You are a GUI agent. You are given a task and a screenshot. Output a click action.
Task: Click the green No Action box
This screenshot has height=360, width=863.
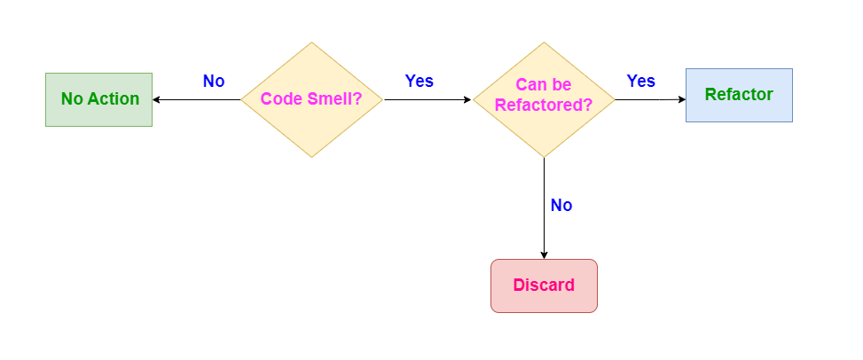98,99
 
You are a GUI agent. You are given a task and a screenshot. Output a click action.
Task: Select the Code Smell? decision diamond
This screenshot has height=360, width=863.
311,99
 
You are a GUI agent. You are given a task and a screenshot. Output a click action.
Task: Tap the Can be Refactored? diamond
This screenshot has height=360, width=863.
544,99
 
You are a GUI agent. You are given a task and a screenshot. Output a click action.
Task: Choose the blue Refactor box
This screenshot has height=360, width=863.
739,95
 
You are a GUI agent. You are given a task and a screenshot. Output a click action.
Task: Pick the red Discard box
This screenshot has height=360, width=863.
544,286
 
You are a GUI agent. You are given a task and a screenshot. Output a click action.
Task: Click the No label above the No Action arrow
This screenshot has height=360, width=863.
214,82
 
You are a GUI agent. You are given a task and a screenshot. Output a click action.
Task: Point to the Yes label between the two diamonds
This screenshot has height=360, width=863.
420,82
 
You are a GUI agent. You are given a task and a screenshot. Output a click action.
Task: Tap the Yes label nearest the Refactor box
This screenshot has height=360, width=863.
641,82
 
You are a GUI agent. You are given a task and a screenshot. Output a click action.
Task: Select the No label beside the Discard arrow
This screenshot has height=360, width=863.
561,206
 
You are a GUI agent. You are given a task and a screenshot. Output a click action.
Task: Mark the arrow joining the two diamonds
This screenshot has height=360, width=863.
426,100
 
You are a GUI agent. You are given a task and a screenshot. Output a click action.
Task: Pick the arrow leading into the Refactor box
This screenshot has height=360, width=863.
647,99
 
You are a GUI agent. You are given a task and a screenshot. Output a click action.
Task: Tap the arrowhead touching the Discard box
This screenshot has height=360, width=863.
544,255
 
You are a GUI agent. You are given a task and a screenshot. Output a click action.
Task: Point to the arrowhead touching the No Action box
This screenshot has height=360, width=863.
157,100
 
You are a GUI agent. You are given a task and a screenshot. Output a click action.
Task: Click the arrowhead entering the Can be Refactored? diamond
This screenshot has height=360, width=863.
467,100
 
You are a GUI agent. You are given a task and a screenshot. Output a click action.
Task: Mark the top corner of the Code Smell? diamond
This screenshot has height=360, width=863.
311,43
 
